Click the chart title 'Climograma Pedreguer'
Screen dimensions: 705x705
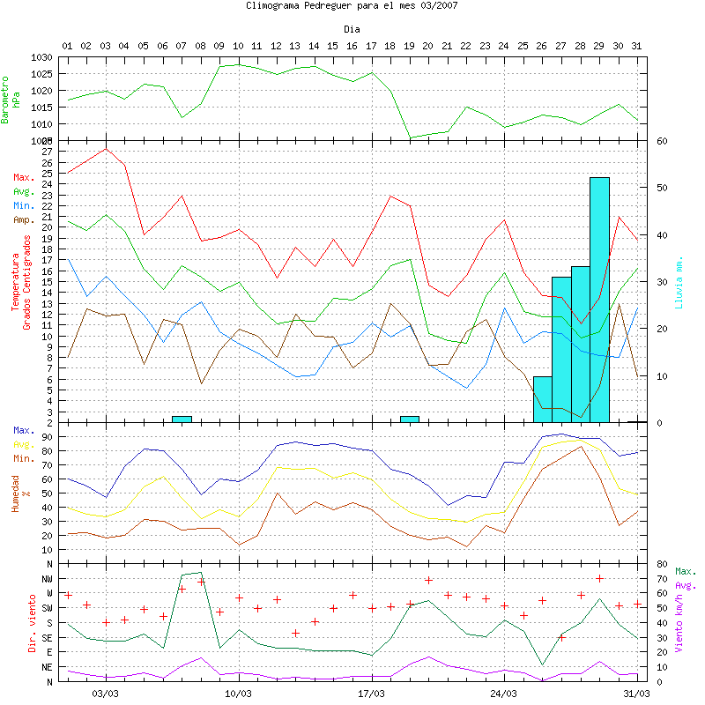tap(352, 5)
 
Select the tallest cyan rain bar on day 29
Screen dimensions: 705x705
tap(599, 300)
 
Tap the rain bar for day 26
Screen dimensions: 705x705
tap(543, 399)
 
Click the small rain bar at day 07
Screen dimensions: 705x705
tap(182, 419)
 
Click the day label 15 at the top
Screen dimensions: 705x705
tap(333, 45)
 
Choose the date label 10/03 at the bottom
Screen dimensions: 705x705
tap(239, 694)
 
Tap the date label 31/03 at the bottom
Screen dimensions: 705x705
tap(637, 694)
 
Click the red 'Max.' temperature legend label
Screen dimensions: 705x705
tap(24, 177)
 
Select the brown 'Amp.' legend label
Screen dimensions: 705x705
tap(24, 219)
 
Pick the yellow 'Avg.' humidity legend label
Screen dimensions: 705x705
tap(24, 444)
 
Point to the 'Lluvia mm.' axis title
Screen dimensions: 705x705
tap(679, 282)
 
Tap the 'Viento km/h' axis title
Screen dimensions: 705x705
tap(679, 622)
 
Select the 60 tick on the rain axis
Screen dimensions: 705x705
tap(662, 141)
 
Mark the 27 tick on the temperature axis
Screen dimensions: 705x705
tap(48, 152)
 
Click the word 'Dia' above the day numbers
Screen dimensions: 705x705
tap(352, 30)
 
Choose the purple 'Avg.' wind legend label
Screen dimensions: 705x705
tap(685, 585)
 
